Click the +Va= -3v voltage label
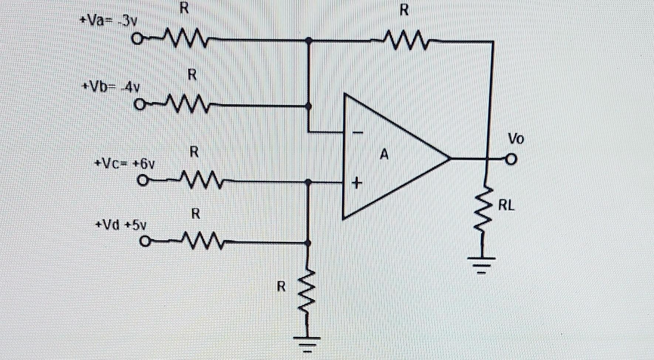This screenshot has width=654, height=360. point(109,21)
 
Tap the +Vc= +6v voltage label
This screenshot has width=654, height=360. point(125,163)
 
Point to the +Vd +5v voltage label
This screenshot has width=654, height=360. point(121,225)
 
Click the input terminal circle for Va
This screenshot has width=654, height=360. point(137,38)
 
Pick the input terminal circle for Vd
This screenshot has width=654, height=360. point(145,242)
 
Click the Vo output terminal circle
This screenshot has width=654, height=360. point(511,159)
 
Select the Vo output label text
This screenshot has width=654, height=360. point(516,139)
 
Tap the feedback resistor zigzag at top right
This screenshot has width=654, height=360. point(406,40)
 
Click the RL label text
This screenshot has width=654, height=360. point(506,206)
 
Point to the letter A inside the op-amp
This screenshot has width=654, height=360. point(384,154)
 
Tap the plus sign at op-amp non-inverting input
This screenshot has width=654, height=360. point(357,183)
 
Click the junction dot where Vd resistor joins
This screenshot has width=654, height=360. point(308,242)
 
